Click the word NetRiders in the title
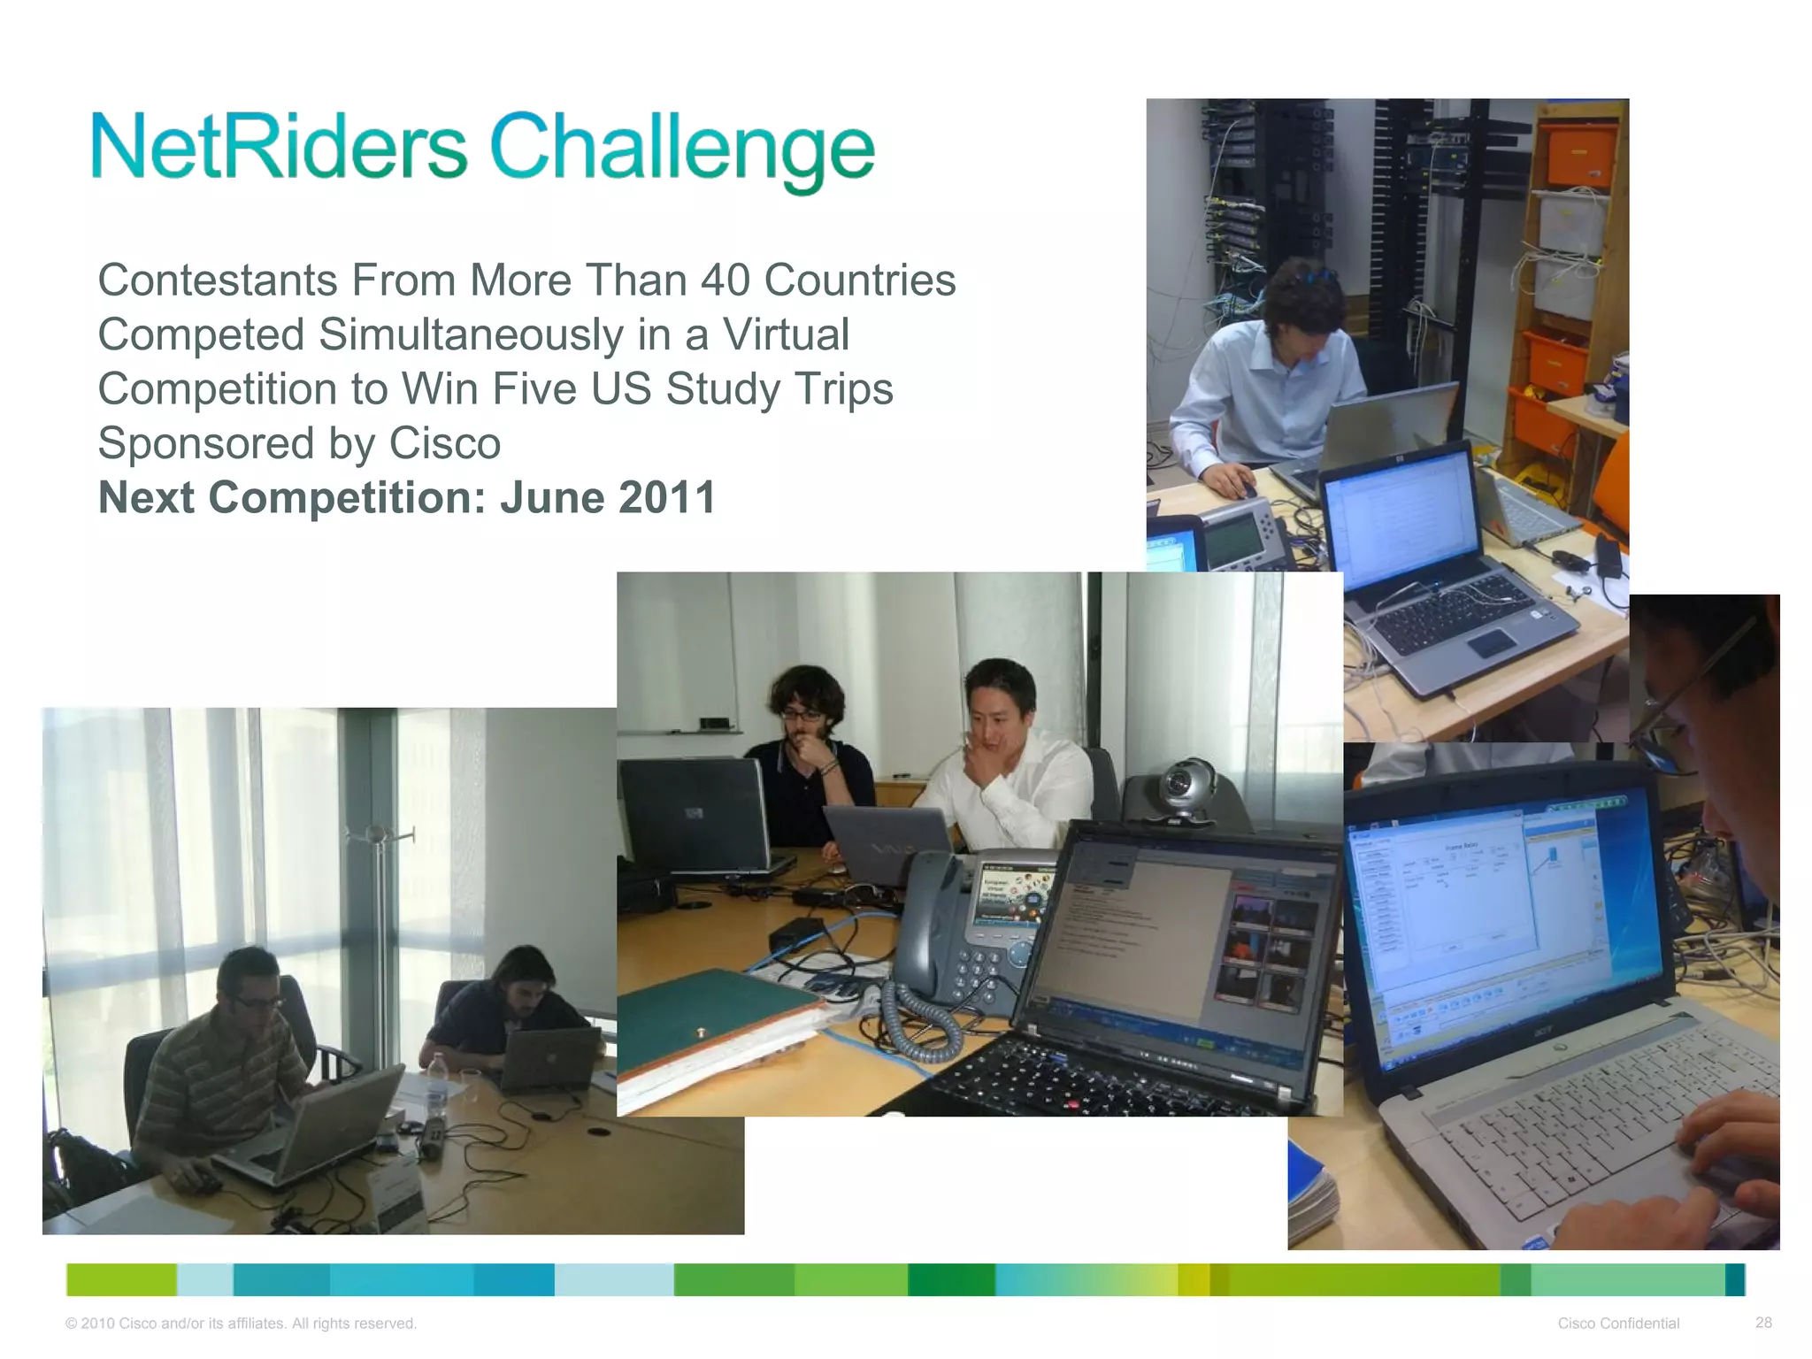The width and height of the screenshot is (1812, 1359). click(x=280, y=146)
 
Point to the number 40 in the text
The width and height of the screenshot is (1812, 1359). click(x=725, y=280)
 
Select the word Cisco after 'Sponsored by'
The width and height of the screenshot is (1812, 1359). click(x=444, y=443)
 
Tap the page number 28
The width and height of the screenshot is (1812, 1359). click(x=1763, y=1322)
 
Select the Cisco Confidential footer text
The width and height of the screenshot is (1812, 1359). click(x=1618, y=1323)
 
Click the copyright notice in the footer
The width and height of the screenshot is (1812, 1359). click(x=241, y=1323)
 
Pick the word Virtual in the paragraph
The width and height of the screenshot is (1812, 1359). click(x=786, y=335)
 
